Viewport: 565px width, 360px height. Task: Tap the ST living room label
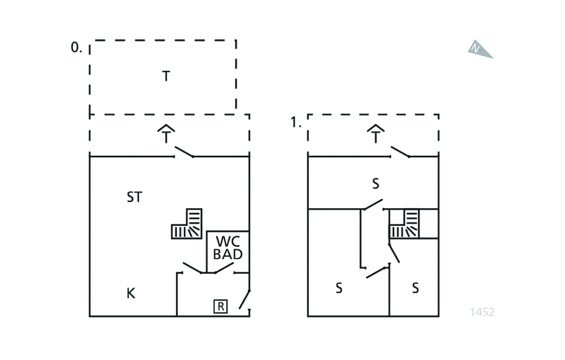(x=134, y=197)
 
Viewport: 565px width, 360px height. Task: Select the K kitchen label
(x=131, y=293)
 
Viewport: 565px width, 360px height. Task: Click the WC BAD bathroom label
(x=228, y=248)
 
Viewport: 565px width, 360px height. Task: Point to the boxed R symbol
(x=220, y=306)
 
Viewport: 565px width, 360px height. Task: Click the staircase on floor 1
(x=405, y=224)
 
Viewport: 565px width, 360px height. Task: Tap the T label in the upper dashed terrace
(x=166, y=76)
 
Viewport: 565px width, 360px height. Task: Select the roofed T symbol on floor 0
(x=166, y=134)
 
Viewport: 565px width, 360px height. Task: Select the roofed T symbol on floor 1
(x=376, y=134)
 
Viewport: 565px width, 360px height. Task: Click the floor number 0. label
(x=76, y=48)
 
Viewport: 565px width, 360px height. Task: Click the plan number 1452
(x=482, y=312)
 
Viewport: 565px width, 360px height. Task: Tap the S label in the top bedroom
(x=376, y=184)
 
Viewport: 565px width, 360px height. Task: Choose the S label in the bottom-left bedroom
(x=339, y=288)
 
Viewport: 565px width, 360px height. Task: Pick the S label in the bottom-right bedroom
(x=415, y=288)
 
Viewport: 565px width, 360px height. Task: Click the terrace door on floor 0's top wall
(x=184, y=152)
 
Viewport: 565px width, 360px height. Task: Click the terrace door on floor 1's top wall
(x=400, y=152)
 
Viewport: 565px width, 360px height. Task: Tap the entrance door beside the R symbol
(x=245, y=299)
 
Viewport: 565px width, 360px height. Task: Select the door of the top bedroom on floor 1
(x=373, y=205)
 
